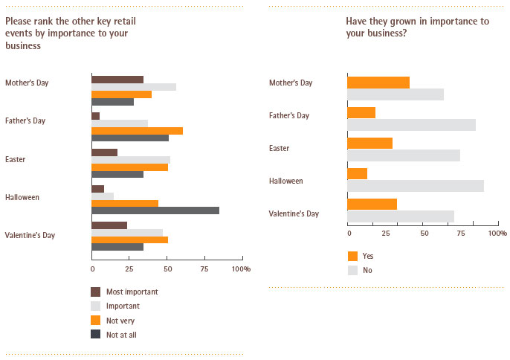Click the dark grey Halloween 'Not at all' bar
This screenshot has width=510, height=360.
155,210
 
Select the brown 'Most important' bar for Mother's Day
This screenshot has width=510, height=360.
117,79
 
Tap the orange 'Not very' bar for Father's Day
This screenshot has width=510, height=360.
137,131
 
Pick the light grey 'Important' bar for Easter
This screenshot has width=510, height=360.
131,160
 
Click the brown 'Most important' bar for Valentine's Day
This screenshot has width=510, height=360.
109,225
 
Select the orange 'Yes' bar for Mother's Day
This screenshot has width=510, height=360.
378,82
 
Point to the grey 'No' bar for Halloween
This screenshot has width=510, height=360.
416,185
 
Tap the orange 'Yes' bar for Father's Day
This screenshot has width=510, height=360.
361,112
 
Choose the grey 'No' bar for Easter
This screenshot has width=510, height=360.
404,155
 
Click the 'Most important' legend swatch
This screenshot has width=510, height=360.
96,292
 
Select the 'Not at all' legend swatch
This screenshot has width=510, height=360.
96,334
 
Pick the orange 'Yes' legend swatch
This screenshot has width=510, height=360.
352,256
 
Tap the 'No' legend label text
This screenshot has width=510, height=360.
367,270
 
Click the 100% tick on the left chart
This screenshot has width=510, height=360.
242,268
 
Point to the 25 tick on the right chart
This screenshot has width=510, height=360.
387,234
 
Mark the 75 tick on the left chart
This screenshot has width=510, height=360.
204,268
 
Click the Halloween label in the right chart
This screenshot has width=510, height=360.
286,181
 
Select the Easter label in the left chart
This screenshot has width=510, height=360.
15,158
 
